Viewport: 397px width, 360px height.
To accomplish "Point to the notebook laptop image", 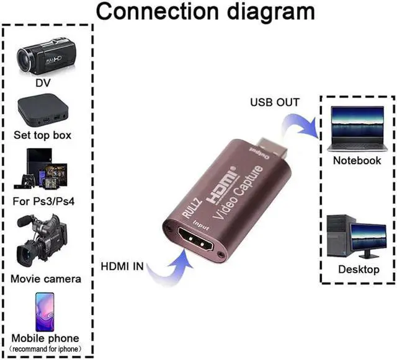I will [x=357, y=129].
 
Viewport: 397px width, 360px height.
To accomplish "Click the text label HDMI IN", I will [x=122, y=267].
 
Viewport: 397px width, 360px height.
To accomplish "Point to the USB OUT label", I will [x=274, y=102].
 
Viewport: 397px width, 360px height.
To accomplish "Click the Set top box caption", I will [x=43, y=134].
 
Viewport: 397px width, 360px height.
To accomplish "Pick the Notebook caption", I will [x=357, y=160].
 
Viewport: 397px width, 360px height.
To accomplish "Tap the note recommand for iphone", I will [x=46, y=349].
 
